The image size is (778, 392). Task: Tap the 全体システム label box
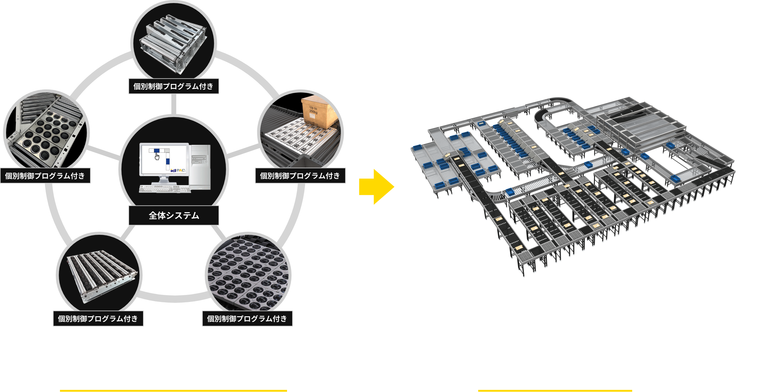pyautogui.click(x=173, y=215)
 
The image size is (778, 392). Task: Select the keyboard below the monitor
pyautogui.click(x=165, y=189)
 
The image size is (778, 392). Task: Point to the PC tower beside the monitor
pyautogui.click(x=200, y=166)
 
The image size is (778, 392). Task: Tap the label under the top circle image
pyautogui.click(x=173, y=86)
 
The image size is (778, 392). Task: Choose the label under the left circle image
pyautogui.click(x=45, y=175)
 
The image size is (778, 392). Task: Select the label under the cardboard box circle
pyautogui.click(x=300, y=175)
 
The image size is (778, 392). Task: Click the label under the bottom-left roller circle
pyautogui.click(x=98, y=318)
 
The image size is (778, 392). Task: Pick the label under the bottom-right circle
pyautogui.click(x=247, y=318)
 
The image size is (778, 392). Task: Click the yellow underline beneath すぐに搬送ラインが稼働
pyautogui.click(x=555, y=390)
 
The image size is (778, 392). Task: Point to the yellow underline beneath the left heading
pyautogui.click(x=173, y=390)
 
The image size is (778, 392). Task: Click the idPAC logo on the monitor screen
pyautogui.click(x=178, y=170)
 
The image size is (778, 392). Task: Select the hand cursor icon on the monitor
pyautogui.click(x=157, y=156)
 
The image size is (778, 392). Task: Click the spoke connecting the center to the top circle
pyautogui.click(x=173, y=104)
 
